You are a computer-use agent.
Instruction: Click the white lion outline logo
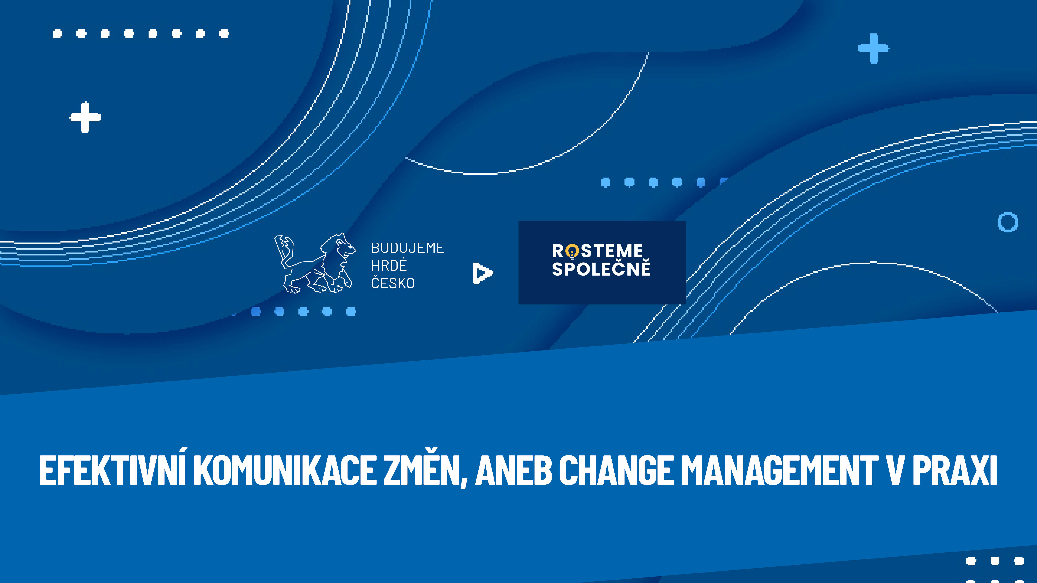click(315, 264)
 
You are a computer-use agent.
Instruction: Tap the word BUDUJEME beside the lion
click(408, 248)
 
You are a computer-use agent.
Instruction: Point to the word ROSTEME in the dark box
click(597, 251)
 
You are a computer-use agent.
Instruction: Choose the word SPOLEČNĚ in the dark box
click(601, 268)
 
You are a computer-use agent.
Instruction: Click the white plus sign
click(85, 117)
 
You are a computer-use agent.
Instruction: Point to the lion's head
click(342, 246)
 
